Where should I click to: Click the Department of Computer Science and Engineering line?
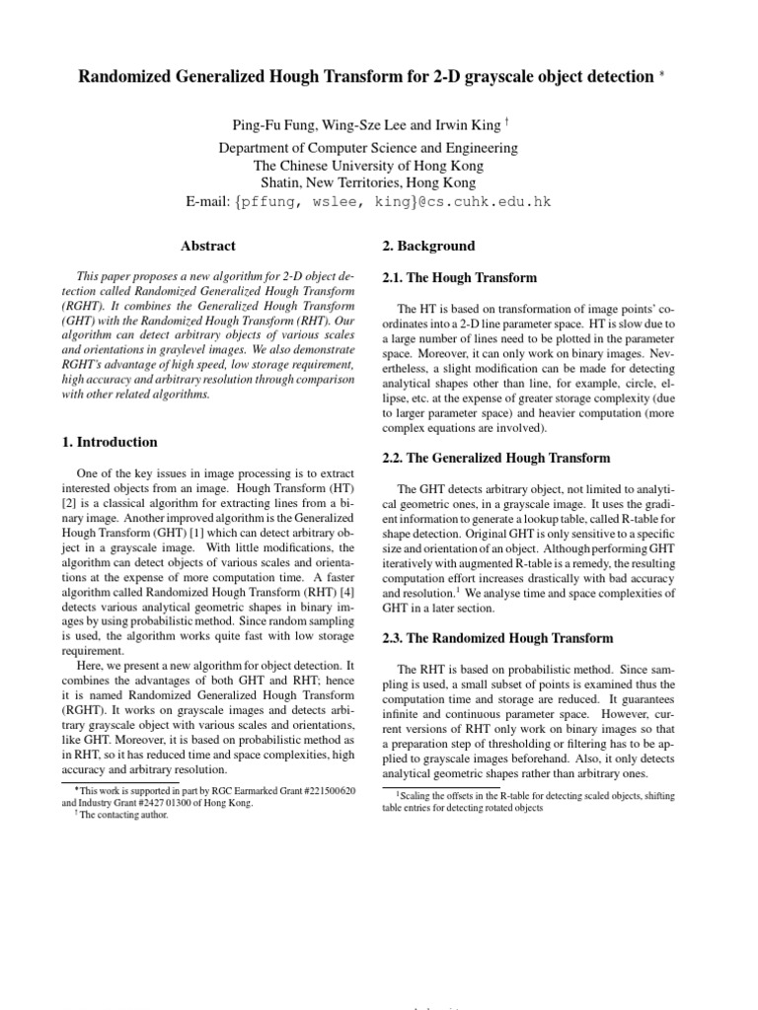point(380,148)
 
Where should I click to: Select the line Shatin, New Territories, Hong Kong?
point(380,182)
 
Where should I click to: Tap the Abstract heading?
point(208,246)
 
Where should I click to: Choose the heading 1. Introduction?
point(109,442)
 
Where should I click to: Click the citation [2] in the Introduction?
point(68,505)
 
